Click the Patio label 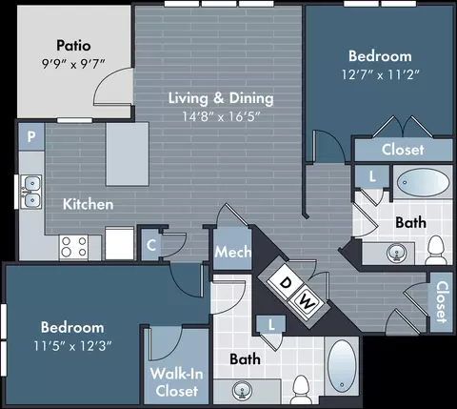tap(73, 46)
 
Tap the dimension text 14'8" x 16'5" tap(221, 116)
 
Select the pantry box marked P tap(31, 136)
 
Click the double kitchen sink tap(31, 192)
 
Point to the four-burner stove tap(73, 247)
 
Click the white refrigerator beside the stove tap(119, 243)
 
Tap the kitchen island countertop tap(128, 153)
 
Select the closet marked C tap(151, 245)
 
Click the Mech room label tap(232, 252)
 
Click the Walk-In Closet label tap(177, 382)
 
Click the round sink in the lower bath tap(243, 390)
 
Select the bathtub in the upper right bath tap(424, 182)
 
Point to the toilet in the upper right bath tap(436, 250)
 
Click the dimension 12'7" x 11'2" tap(380, 75)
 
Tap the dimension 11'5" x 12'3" tap(72, 346)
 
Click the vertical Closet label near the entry tap(442, 302)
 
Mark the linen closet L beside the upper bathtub tap(372, 176)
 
